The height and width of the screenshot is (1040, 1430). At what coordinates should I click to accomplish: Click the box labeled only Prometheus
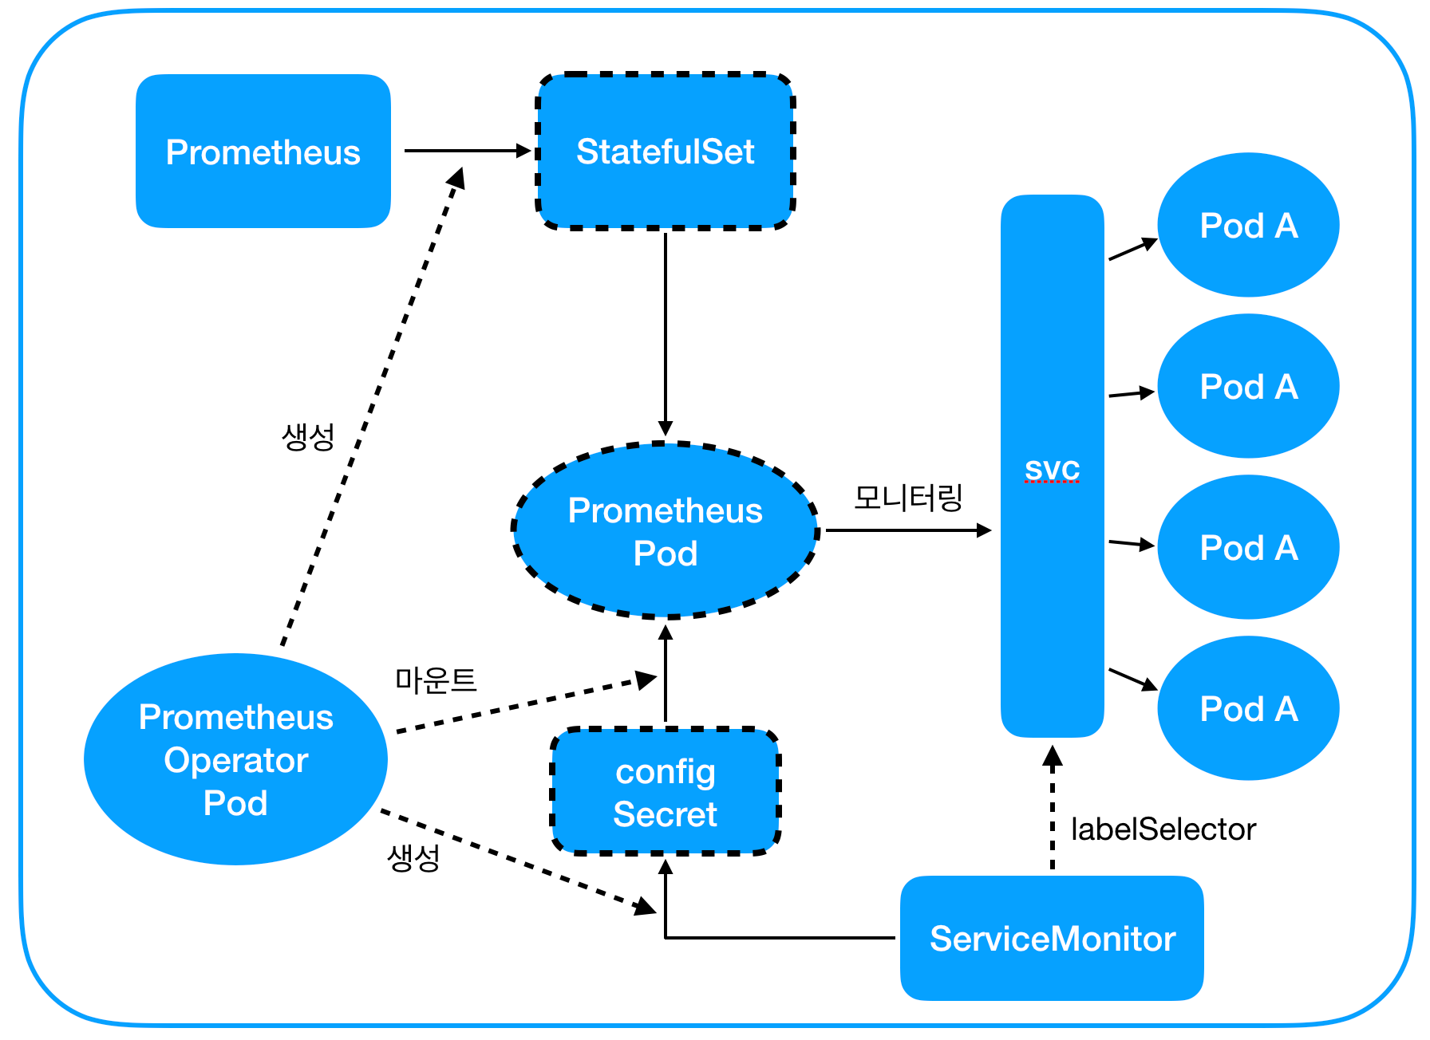point(263,152)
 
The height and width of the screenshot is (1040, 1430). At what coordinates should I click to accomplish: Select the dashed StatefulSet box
point(666,152)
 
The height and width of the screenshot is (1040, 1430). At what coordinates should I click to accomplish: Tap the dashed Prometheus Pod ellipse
point(666,530)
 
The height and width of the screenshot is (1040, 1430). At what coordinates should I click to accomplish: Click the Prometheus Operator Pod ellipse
point(235,759)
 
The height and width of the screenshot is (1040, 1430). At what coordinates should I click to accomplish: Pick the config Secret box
point(666,791)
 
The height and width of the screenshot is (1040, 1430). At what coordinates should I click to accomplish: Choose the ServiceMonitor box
point(1052,938)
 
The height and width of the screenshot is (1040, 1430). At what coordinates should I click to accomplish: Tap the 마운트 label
point(436,680)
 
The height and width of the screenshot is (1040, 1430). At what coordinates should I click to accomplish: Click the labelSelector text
point(1163,829)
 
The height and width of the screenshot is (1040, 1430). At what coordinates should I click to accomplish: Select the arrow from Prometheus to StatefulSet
point(468,150)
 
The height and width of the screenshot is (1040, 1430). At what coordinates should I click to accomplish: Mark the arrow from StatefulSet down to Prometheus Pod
point(666,334)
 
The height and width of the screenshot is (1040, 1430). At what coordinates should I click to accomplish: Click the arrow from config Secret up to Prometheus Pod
point(666,674)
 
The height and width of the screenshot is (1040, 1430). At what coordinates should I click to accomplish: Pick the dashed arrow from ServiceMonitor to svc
point(1053,807)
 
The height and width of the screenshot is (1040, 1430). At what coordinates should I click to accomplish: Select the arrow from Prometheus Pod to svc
point(909,530)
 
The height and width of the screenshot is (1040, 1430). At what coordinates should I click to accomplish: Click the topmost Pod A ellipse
point(1248,225)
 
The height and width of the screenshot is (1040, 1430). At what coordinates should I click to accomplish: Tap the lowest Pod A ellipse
point(1248,708)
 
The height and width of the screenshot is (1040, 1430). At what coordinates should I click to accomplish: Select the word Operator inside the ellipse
point(235,761)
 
